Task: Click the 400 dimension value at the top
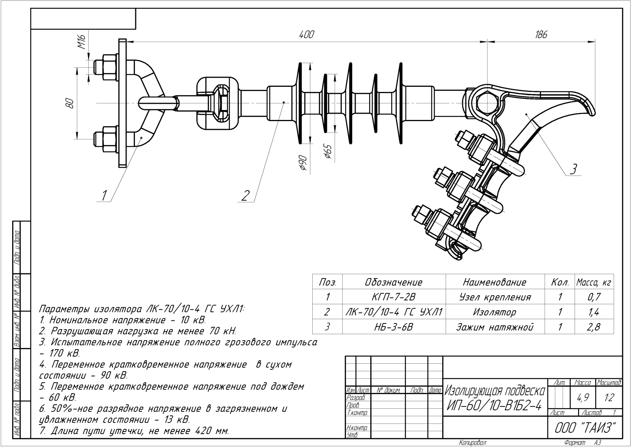(x=306, y=35)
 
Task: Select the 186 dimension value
(x=541, y=35)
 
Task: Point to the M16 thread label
(x=82, y=41)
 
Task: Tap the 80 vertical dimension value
(x=70, y=103)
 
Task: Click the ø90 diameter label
(x=303, y=163)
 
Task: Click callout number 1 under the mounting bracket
(x=105, y=195)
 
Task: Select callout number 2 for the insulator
(x=245, y=195)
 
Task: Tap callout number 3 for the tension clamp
(x=573, y=169)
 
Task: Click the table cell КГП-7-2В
(x=394, y=297)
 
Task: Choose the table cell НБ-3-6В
(x=394, y=327)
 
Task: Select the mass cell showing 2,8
(x=594, y=327)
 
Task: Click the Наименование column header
(x=495, y=282)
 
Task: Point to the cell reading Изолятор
(x=495, y=312)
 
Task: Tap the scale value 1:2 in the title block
(x=609, y=398)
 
